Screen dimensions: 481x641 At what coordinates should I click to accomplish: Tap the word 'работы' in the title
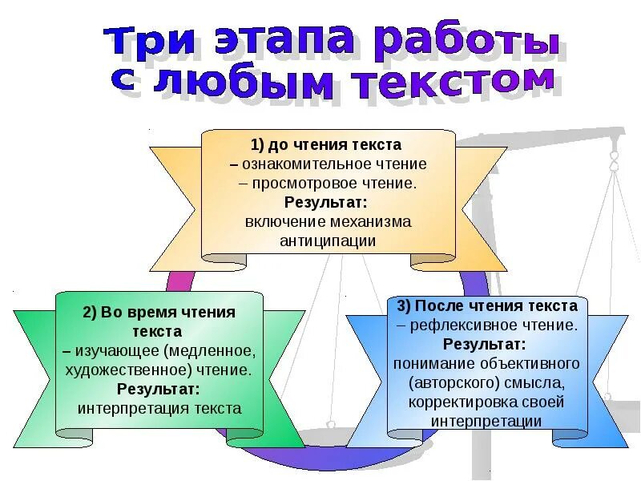click(x=464, y=44)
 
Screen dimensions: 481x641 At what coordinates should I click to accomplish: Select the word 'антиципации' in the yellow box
click(x=328, y=240)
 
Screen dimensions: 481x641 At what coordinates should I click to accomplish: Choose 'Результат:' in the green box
click(x=159, y=390)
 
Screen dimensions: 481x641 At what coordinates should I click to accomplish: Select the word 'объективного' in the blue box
click(x=530, y=363)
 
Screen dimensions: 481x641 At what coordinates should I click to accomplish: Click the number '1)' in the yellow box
click(x=258, y=145)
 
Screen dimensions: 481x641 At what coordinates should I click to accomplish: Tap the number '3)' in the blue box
click(x=404, y=306)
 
